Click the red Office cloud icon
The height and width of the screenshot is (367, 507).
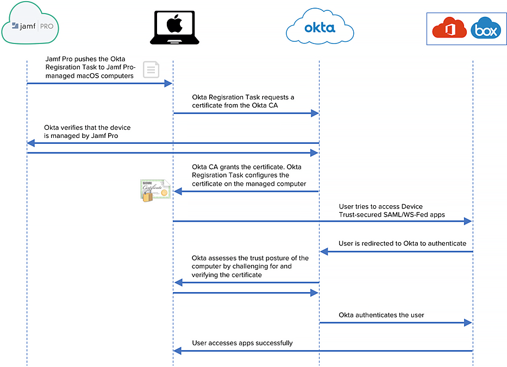[x=449, y=29]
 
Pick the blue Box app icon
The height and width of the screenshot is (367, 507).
[x=485, y=30]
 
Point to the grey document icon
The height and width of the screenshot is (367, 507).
[x=151, y=70]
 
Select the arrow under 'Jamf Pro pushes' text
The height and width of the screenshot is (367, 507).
[x=99, y=84]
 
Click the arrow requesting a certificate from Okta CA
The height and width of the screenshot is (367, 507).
[x=246, y=113]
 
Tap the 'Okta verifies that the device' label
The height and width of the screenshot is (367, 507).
[x=87, y=128]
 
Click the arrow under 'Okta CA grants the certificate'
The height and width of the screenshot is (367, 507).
[x=246, y=191]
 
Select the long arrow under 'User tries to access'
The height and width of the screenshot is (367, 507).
[x=322, y=221]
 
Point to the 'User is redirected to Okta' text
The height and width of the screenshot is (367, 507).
[x=402, y=243]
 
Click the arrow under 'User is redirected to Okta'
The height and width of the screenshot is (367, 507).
[x=396, y=251]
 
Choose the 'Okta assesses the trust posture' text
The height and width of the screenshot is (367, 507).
[x=250, y=258]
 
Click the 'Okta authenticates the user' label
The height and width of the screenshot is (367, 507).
[x=381, y=315]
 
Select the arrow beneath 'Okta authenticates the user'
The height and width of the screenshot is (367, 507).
[x=396, y=322]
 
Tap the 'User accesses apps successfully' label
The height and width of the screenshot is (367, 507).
[x=242, y=343]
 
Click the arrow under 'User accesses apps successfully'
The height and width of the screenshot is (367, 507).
[x=322, y=351]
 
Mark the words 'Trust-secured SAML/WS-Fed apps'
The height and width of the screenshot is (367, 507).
[x=391, y=214]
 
